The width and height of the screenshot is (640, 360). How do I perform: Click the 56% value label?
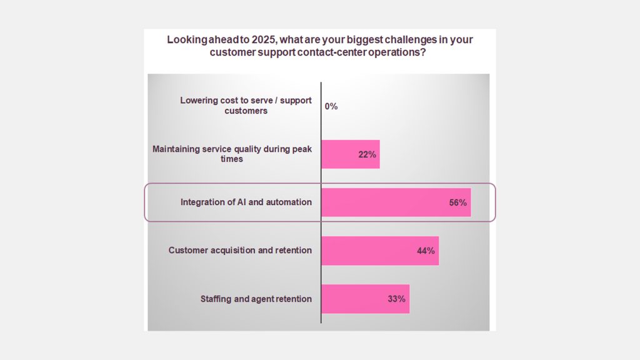pyautogui.click(x=457, y=203)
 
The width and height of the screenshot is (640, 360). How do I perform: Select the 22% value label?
pyautogui.click(x=367, y=154)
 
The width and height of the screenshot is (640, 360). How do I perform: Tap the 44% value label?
pyautogui.click(x=426, y=251)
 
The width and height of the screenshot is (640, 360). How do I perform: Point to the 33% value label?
pyautogui.click(x=396, y=299)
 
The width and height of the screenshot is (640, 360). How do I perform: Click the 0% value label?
pyautogui.click(x=331, y=106)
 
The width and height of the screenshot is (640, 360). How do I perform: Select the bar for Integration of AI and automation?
pyautogui.click(x=395, y=202)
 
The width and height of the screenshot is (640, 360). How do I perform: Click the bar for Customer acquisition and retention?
pyautogui.click(x=379, y=251)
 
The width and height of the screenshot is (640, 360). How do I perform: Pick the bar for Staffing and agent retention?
pyautogui.click(x=365, y=299)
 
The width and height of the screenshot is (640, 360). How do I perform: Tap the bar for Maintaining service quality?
pyautogui.click(x=350, y=154)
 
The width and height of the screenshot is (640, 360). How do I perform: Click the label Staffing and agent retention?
pyautogui.click(x=256, y=299)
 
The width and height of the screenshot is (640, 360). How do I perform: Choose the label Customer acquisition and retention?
pyautogui.click(x=240, y=251)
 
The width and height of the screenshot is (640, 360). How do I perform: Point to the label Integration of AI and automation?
pyautogui.click(x=246, y=202)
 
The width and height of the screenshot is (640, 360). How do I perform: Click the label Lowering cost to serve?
pyautogui.click(x=246, y=106)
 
